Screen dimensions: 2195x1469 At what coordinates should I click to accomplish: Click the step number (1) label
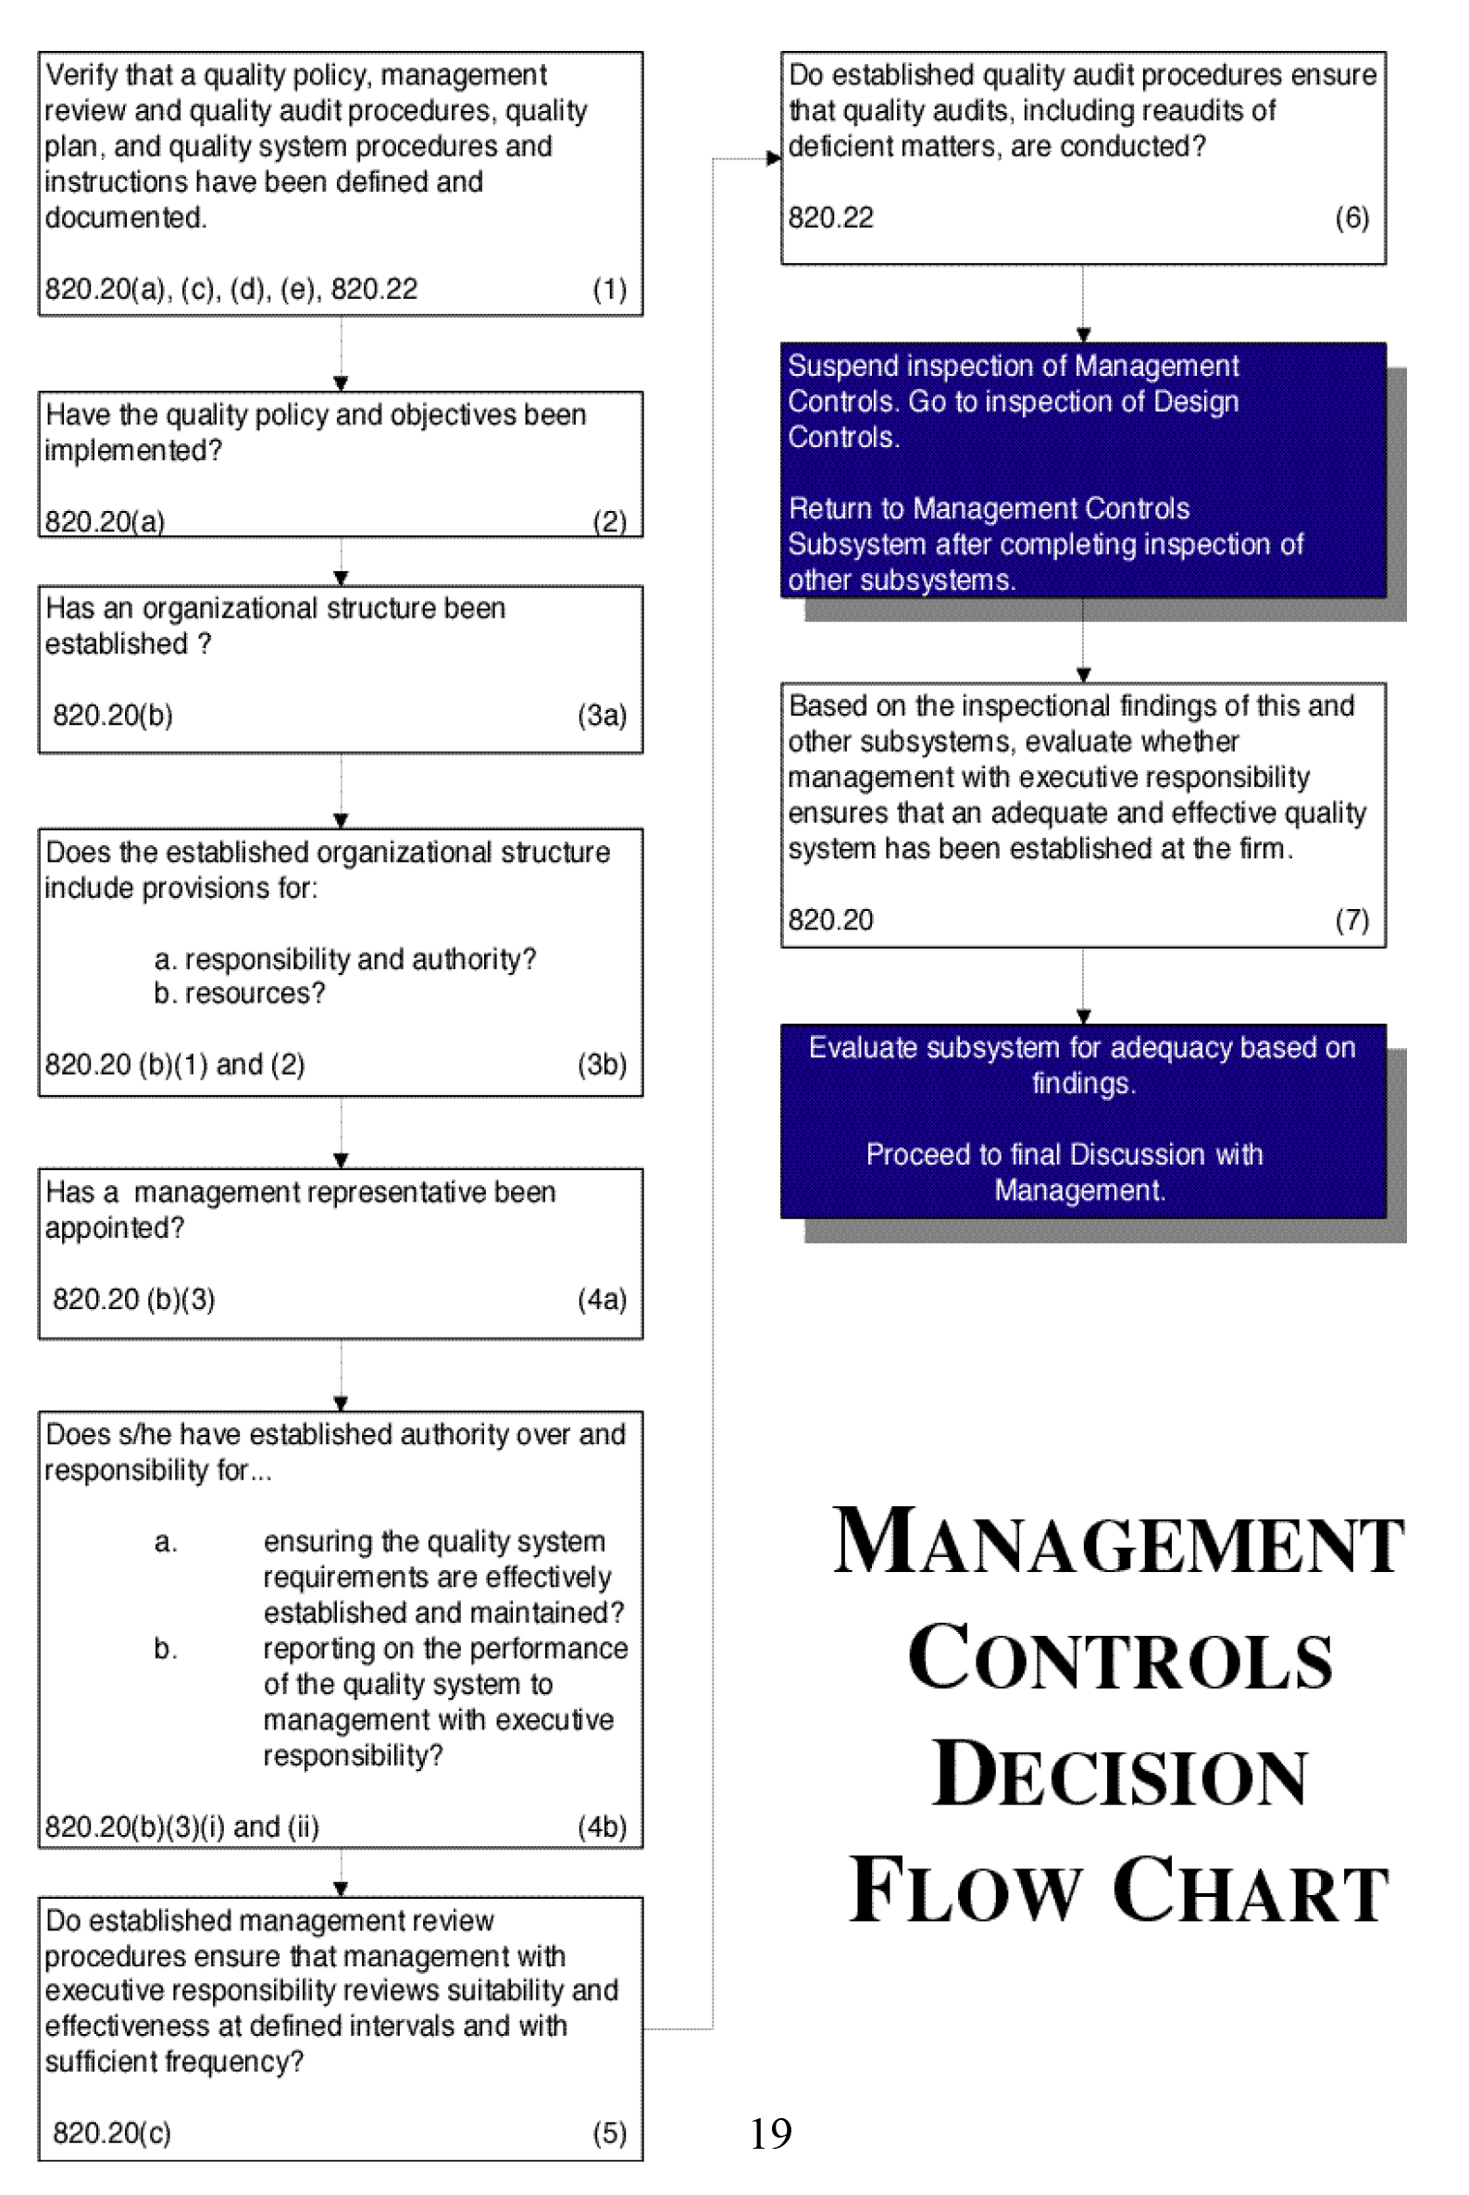[609, 290]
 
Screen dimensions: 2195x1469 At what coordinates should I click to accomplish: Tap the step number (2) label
[609, 521]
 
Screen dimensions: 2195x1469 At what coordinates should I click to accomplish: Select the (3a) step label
[602, 715]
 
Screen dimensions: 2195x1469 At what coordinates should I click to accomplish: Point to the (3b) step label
[602, 1065]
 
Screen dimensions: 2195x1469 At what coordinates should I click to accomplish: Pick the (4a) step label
[602, 1300]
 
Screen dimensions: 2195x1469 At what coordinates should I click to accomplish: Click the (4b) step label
[602, 1827]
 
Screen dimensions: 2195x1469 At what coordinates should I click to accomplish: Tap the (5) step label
[609, 2133]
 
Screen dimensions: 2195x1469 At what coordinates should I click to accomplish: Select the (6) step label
[1351, 218]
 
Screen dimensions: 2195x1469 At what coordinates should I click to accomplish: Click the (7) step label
[1351, 920]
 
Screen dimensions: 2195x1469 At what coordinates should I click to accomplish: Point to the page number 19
[770, 2134]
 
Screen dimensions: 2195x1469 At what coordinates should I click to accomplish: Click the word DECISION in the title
[1119, 1777]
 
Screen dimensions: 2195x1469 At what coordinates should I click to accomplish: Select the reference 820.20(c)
[111, 2133]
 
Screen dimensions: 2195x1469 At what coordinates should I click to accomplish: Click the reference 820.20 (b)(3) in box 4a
[133, 1300]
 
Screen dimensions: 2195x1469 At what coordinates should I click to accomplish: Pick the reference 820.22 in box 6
[830, 218]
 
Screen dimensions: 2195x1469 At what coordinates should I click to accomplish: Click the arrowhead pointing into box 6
[774, 158]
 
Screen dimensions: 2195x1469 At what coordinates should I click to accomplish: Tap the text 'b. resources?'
[239, 993]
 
